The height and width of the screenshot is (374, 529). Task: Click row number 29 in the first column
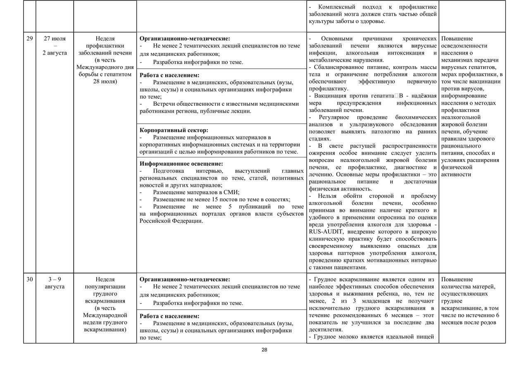pos(29,38)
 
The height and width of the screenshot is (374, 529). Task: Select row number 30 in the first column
pos(29,279)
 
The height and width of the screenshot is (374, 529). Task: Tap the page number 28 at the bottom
pos(264,350)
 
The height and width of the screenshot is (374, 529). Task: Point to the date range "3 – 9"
pos(55,279)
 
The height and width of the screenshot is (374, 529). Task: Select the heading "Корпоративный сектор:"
pos(174,130)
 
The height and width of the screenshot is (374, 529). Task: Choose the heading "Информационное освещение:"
pos(181,164)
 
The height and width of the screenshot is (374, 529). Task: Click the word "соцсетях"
pos(276,199)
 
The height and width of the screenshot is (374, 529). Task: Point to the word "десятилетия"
pos(325,330)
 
